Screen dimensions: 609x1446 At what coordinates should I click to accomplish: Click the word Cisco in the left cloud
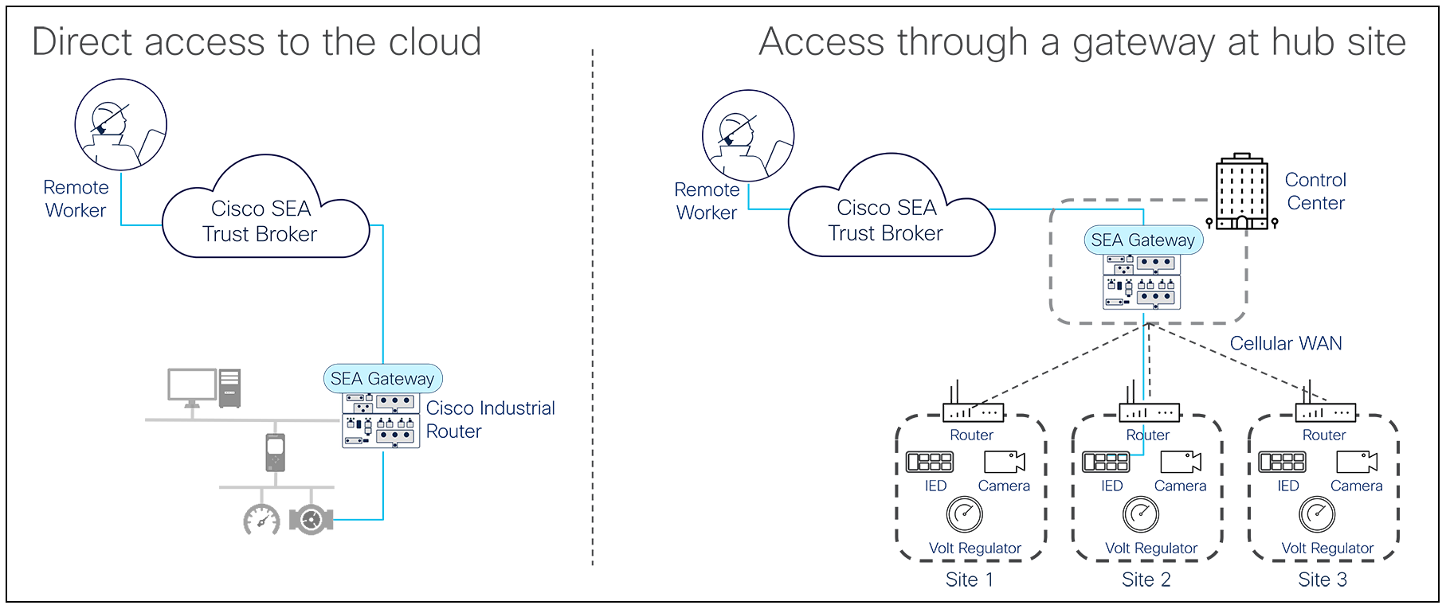coord(237,209)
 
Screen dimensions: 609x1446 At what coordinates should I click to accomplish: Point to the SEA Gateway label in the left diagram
coord(382,379)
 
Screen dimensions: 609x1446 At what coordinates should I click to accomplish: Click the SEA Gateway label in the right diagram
coord(1143,240)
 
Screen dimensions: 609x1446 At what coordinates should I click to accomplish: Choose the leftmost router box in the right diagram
coord(972,412)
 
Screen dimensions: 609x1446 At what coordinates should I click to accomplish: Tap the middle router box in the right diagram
coord(1149,412)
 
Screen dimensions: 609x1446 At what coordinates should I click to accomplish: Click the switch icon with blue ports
coord(1107,462)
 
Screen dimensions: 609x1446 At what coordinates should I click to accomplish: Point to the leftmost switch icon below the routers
coord(930,462)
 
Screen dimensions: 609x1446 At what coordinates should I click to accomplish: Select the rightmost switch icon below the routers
coord(1282,462)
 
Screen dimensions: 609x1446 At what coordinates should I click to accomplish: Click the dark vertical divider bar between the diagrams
coord(592,306)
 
